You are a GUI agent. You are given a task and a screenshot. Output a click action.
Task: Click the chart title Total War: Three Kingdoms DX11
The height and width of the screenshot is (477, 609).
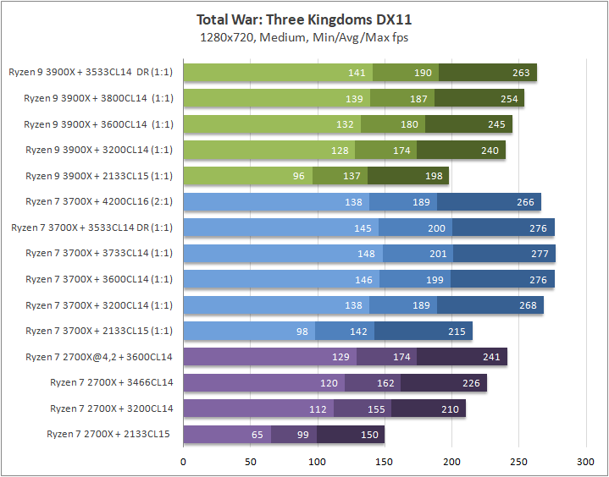[x=304, y=19]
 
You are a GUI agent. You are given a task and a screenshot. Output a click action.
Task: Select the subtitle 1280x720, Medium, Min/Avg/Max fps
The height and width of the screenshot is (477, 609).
[x=304, y=37]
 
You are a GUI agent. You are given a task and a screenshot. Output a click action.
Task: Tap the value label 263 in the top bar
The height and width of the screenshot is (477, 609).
[x=521, y=73]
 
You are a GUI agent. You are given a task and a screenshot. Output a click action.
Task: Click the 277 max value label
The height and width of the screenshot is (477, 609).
[x=540, y=254]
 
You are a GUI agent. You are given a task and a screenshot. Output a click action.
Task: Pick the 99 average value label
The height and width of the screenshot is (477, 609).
[x=302, y=435]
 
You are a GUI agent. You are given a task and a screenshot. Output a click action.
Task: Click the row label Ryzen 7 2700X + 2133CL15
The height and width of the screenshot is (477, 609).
[x=109, y=435]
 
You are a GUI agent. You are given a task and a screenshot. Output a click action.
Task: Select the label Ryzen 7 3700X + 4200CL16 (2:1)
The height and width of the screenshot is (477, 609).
[x=99, y=202]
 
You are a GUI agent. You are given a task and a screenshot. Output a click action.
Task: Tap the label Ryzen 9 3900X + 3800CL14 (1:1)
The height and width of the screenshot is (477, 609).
[x=98, y=99]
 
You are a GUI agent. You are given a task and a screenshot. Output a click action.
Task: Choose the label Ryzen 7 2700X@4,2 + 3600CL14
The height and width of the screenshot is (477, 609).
[x=99, y=357]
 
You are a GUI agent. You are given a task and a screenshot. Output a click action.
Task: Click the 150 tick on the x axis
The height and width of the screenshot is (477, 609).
[x=385, y=463]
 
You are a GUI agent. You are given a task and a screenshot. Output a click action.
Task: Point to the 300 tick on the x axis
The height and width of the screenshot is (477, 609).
[x=585, y=463]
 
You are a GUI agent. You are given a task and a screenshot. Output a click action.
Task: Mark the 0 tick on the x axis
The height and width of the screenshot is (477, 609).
[x=184, y=463]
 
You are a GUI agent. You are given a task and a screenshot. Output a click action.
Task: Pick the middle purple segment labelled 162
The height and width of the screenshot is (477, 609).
[x=373, y=383]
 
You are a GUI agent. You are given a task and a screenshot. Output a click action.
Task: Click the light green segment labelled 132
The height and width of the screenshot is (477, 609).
[x=271, y=124]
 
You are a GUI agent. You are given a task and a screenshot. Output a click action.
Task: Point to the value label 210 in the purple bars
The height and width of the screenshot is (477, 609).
[x=450, y=408]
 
